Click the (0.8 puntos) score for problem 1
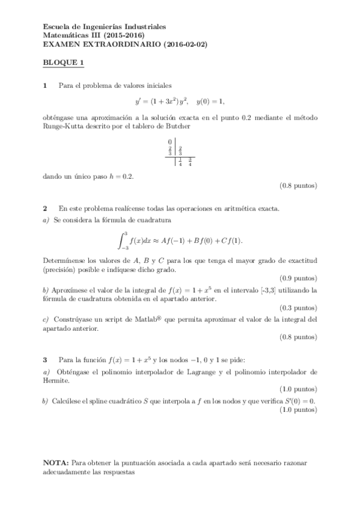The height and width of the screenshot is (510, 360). point(299,186)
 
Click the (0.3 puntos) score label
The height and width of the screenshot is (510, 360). point(299,309)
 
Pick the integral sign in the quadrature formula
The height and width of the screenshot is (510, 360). point(123,239)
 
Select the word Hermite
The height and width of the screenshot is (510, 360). point(57,380)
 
